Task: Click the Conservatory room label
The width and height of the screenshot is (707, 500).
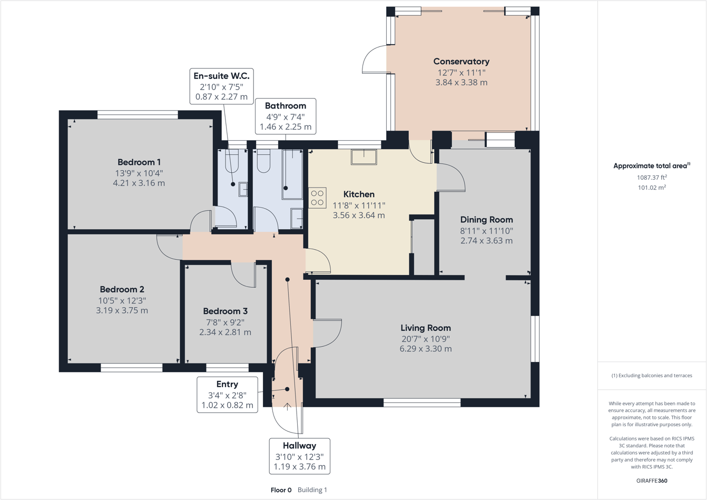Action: (x=461, y=62)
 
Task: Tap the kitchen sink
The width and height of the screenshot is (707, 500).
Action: (x=364, y=157)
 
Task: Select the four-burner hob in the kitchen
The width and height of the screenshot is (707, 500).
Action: (x=317, y=198)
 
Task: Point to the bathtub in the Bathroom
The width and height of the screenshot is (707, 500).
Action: (x=292, y=174)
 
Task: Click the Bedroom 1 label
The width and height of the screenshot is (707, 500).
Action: (x=139, y=162)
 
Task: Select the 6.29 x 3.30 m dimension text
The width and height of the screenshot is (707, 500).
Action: (x=425, y=349)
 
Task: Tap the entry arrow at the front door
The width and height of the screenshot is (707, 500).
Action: (x=287, y=406)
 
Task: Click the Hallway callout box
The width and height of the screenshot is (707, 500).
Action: (x=299, y=456)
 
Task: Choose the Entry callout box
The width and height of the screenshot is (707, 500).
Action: (x=227, y=395)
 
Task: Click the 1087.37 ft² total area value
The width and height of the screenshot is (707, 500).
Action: (x=652, y=178)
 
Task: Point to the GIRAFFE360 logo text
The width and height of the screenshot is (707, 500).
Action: (x=652, y=481)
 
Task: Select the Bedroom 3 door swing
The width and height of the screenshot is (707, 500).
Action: (x=243, y=275)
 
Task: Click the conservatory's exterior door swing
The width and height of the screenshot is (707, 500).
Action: (x=375, y=59)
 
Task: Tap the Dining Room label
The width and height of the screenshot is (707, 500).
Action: (x=486, y=220)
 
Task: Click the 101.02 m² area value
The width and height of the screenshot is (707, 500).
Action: (x=652, y=188)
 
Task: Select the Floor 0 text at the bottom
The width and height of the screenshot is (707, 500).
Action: (x=281, y=490)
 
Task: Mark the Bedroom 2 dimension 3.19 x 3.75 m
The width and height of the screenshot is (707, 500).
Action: (x=122, y=311)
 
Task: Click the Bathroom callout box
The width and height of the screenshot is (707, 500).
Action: (x=285, y=116)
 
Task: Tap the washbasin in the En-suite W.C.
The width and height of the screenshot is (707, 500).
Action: (x=243, y=189)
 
